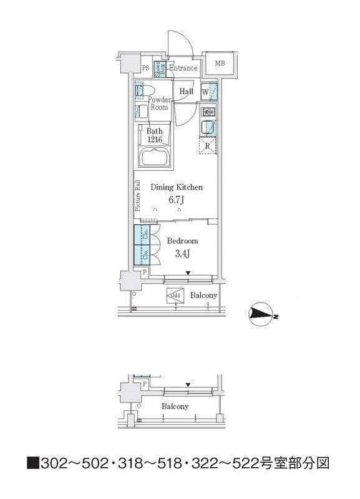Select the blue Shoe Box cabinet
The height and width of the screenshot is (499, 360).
[160, 69]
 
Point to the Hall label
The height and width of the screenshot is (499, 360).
[186, 92]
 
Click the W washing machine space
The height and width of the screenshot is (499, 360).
[205, 92]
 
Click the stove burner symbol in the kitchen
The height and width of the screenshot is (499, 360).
[208, 112]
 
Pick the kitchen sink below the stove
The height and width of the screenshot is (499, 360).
[209, 128]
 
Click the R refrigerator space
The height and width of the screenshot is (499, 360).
[208, 147]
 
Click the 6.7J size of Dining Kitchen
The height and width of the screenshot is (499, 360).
[177, 200]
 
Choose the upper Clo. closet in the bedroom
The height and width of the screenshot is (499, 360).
[142, 235]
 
